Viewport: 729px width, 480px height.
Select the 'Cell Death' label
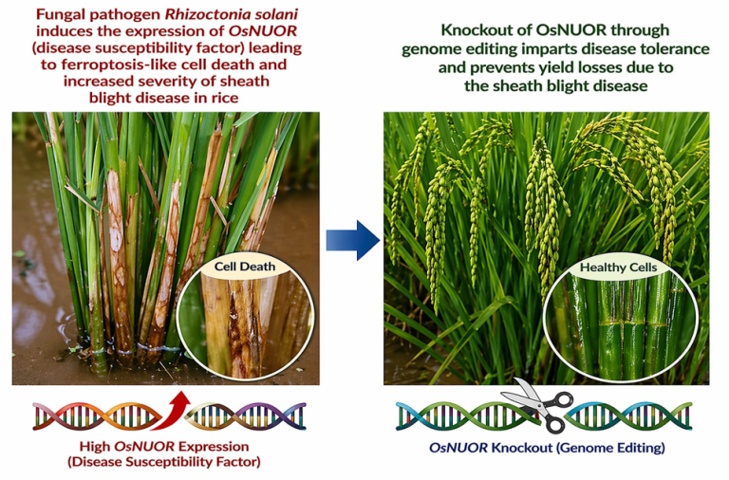pyautogui.click(x=246, y=267)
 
